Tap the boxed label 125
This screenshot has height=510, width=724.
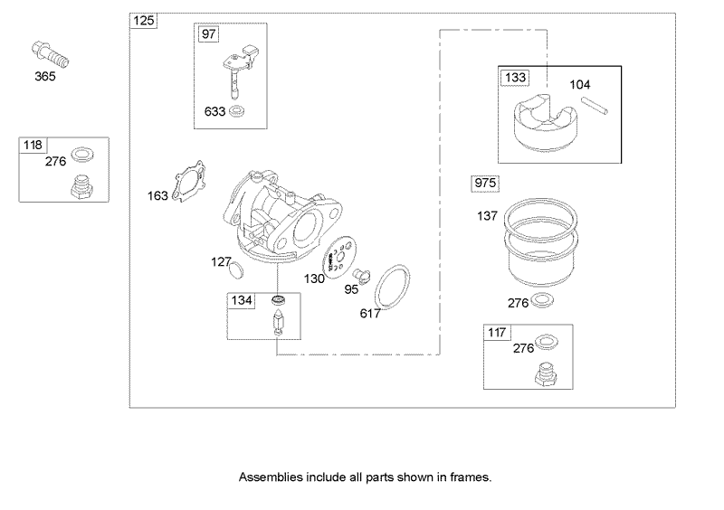(143, 21)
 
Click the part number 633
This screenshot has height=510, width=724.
(214, 112)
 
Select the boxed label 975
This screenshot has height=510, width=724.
(485, 184)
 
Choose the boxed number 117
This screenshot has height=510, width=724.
(496, 332)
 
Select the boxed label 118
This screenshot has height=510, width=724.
(33, 144)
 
